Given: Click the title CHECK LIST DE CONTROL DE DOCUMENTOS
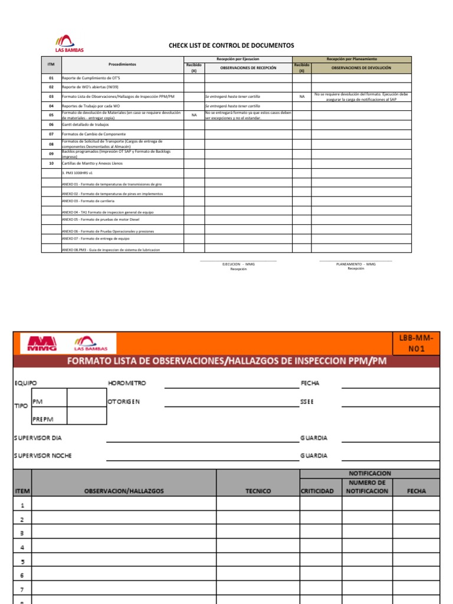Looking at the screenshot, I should tap(231, 45).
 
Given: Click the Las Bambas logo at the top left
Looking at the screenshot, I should tap(70, 44).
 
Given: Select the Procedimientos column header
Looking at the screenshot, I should tap(122, 64).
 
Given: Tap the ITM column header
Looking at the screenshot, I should tap(51, 64).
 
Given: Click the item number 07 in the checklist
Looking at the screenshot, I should tap(51, 134).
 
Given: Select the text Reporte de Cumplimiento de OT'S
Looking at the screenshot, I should tap(91, 78).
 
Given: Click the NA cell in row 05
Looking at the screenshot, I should tap(194, 115).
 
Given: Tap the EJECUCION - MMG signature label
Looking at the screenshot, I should tap(238, 264).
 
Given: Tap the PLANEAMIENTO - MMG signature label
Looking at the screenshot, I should tap(356, 264).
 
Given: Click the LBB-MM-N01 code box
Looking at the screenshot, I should tap(419, 343).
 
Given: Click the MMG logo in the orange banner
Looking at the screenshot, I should tap(37, 343).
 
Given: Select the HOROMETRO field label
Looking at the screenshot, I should tap(127, 383).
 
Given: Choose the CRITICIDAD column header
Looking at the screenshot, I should tap(318, 491).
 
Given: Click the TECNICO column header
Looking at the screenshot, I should tap(258, 491).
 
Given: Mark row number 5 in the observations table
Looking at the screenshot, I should tap(22, 562).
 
